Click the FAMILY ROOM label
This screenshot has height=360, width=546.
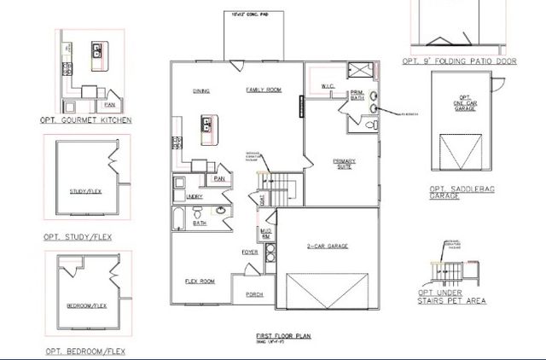[264, 90]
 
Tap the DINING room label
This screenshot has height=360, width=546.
[202, 90]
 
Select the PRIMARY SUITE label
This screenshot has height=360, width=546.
[345, 164]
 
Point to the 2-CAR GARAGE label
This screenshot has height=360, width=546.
[324, 247]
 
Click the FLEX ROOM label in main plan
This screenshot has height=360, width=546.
[199, 281]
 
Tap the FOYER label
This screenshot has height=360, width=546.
[249, 252]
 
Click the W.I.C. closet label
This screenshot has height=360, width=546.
[327, 85]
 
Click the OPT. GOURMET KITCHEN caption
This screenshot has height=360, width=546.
[86, 121]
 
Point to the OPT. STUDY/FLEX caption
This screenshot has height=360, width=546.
[77, 236]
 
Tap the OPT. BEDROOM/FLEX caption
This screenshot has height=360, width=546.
[83, 351]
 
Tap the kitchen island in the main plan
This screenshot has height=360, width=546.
[206, 125]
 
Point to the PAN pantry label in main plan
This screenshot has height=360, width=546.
[219, 178]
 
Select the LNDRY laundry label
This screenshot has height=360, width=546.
[194, 197]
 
